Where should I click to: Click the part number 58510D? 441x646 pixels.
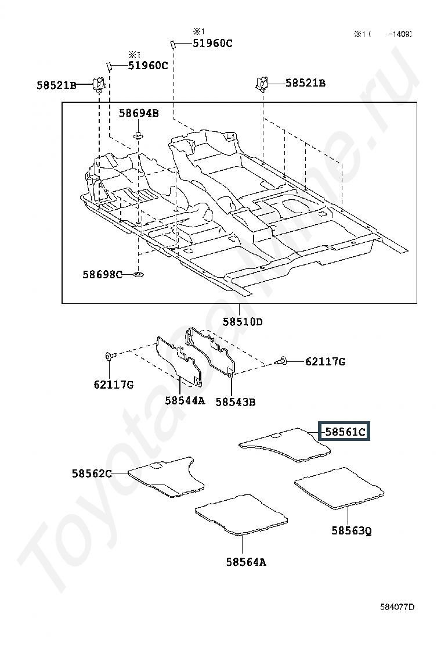[x=243, y=321]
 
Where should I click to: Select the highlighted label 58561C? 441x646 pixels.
[x=345, y=432]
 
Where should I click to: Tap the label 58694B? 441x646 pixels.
[x=139, y=113]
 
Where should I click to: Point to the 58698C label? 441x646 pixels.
[x=102, y=274]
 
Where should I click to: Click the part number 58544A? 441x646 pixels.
[x=185, y=400]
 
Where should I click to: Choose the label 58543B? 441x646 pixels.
[x=235, y=401]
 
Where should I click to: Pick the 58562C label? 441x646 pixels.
[x=92, y=473]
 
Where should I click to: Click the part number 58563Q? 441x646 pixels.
[x=351, y=530]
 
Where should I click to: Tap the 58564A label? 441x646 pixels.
[x=246, y=562]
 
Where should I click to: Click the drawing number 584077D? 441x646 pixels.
[x=397, y=607]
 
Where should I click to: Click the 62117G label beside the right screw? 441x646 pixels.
[x=325, y=362]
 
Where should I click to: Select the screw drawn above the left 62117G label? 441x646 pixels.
[x=110, y=356]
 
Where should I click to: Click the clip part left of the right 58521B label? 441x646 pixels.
[x=261, y=84]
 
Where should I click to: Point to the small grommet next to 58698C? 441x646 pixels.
[x=138, y=274]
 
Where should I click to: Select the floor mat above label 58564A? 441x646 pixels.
[x=241, y=514]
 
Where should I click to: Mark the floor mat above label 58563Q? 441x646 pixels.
[x=340, y=487]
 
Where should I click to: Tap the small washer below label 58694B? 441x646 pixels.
[x=138, y=136]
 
